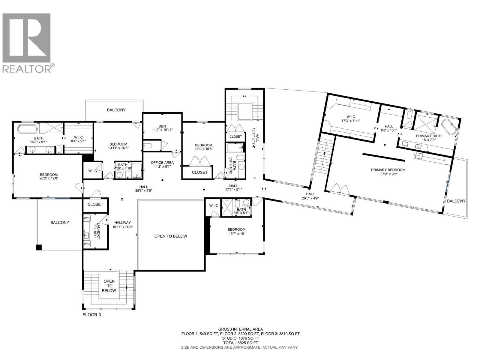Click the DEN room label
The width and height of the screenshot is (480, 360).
[x=162, y=126]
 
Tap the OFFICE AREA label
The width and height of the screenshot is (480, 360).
[x=162, y=163]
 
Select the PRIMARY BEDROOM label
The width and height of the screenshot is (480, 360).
[x=388, y=170]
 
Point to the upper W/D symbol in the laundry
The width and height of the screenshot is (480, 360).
[x=87, y=218]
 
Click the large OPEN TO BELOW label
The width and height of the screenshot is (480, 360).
[x=171, y=236]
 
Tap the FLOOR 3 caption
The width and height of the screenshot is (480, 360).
[x=91, y=315]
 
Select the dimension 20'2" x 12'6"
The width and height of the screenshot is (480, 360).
[x=49, y=178]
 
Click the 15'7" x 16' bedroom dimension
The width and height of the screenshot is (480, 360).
[x=236, y=233]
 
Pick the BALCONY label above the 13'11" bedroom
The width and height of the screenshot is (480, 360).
[x=116, y=110]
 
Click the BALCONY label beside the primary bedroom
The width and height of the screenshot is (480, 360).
[x=456, y=201]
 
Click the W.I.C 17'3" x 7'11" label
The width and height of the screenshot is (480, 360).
[x=350, y=119]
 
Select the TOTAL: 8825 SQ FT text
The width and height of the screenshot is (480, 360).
[x=240, y=343]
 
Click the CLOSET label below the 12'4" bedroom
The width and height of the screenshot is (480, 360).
[x=199, y=172]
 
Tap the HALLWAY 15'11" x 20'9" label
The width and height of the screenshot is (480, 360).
[x=122, y=225]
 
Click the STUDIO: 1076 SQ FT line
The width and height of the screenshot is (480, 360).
[x=240, y=338]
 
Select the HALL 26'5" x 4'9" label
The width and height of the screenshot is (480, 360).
[x=310, y=196]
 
